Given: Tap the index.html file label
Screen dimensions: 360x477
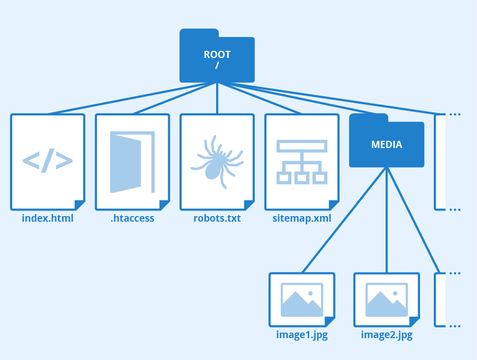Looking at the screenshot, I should point(48,219).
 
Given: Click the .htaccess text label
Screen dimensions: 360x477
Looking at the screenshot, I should point(132,219).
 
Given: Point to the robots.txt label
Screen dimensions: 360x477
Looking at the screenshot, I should point(217,219).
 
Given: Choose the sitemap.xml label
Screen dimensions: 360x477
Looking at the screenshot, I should point(302,219).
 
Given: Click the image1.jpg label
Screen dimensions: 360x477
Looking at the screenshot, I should point(302,335).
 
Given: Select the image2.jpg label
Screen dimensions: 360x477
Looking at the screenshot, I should point(386,335).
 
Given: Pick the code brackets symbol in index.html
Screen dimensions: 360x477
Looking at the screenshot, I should point(48,161).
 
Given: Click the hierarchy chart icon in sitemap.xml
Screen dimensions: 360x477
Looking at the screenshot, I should point(302,161).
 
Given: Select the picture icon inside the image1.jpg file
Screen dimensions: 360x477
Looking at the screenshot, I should point(302,299).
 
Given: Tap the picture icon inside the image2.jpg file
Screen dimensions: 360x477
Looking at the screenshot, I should point(386,299).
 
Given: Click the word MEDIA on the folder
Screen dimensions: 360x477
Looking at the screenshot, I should point(386,145).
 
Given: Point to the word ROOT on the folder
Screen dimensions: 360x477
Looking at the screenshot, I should point(217,54).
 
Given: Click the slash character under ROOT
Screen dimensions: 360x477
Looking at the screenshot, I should point(217,66).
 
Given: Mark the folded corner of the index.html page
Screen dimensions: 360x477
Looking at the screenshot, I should point(79,205).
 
